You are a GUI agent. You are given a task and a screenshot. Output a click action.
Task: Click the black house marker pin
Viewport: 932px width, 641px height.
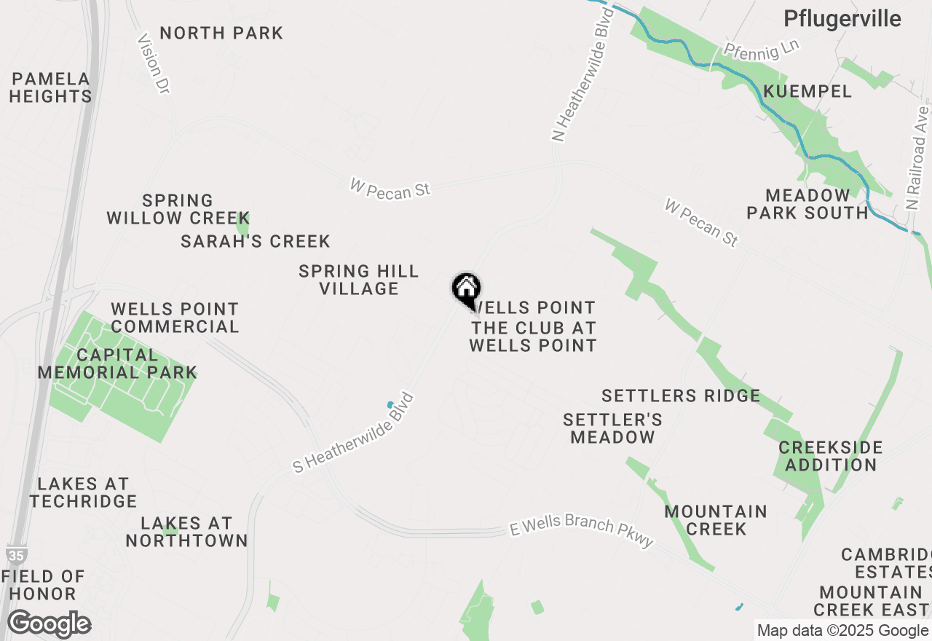(466, 289)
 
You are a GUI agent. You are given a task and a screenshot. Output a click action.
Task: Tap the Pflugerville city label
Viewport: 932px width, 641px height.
(842, 19)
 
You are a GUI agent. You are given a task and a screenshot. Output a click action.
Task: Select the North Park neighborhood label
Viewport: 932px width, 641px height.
(221, 34)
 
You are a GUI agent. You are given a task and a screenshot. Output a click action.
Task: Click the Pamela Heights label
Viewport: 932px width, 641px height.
(51, 87)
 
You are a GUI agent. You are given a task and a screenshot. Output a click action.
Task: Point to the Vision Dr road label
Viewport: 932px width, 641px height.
(154, 63)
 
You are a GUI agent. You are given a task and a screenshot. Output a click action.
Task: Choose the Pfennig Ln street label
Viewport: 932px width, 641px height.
(762, 49)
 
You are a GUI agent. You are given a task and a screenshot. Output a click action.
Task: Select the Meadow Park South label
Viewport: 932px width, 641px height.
(807, 204)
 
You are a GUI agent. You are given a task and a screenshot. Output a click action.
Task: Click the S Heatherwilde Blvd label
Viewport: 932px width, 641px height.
(354, 433)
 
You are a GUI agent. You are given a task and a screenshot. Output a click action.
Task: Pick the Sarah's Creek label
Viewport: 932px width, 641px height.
(256, 241)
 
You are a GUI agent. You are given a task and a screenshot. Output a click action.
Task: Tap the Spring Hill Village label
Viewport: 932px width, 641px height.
(359, 280)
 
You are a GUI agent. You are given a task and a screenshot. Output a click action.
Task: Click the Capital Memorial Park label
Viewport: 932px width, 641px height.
(117, 363)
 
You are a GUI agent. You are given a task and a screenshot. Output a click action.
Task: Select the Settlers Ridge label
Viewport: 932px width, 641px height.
(681, 396)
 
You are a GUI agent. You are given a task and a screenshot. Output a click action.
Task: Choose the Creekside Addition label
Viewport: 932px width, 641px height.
(831, 456)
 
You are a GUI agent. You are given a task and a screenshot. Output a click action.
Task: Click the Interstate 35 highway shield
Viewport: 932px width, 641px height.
(15, 555)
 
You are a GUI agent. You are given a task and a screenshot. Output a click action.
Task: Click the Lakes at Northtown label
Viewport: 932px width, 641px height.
(186, 532)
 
